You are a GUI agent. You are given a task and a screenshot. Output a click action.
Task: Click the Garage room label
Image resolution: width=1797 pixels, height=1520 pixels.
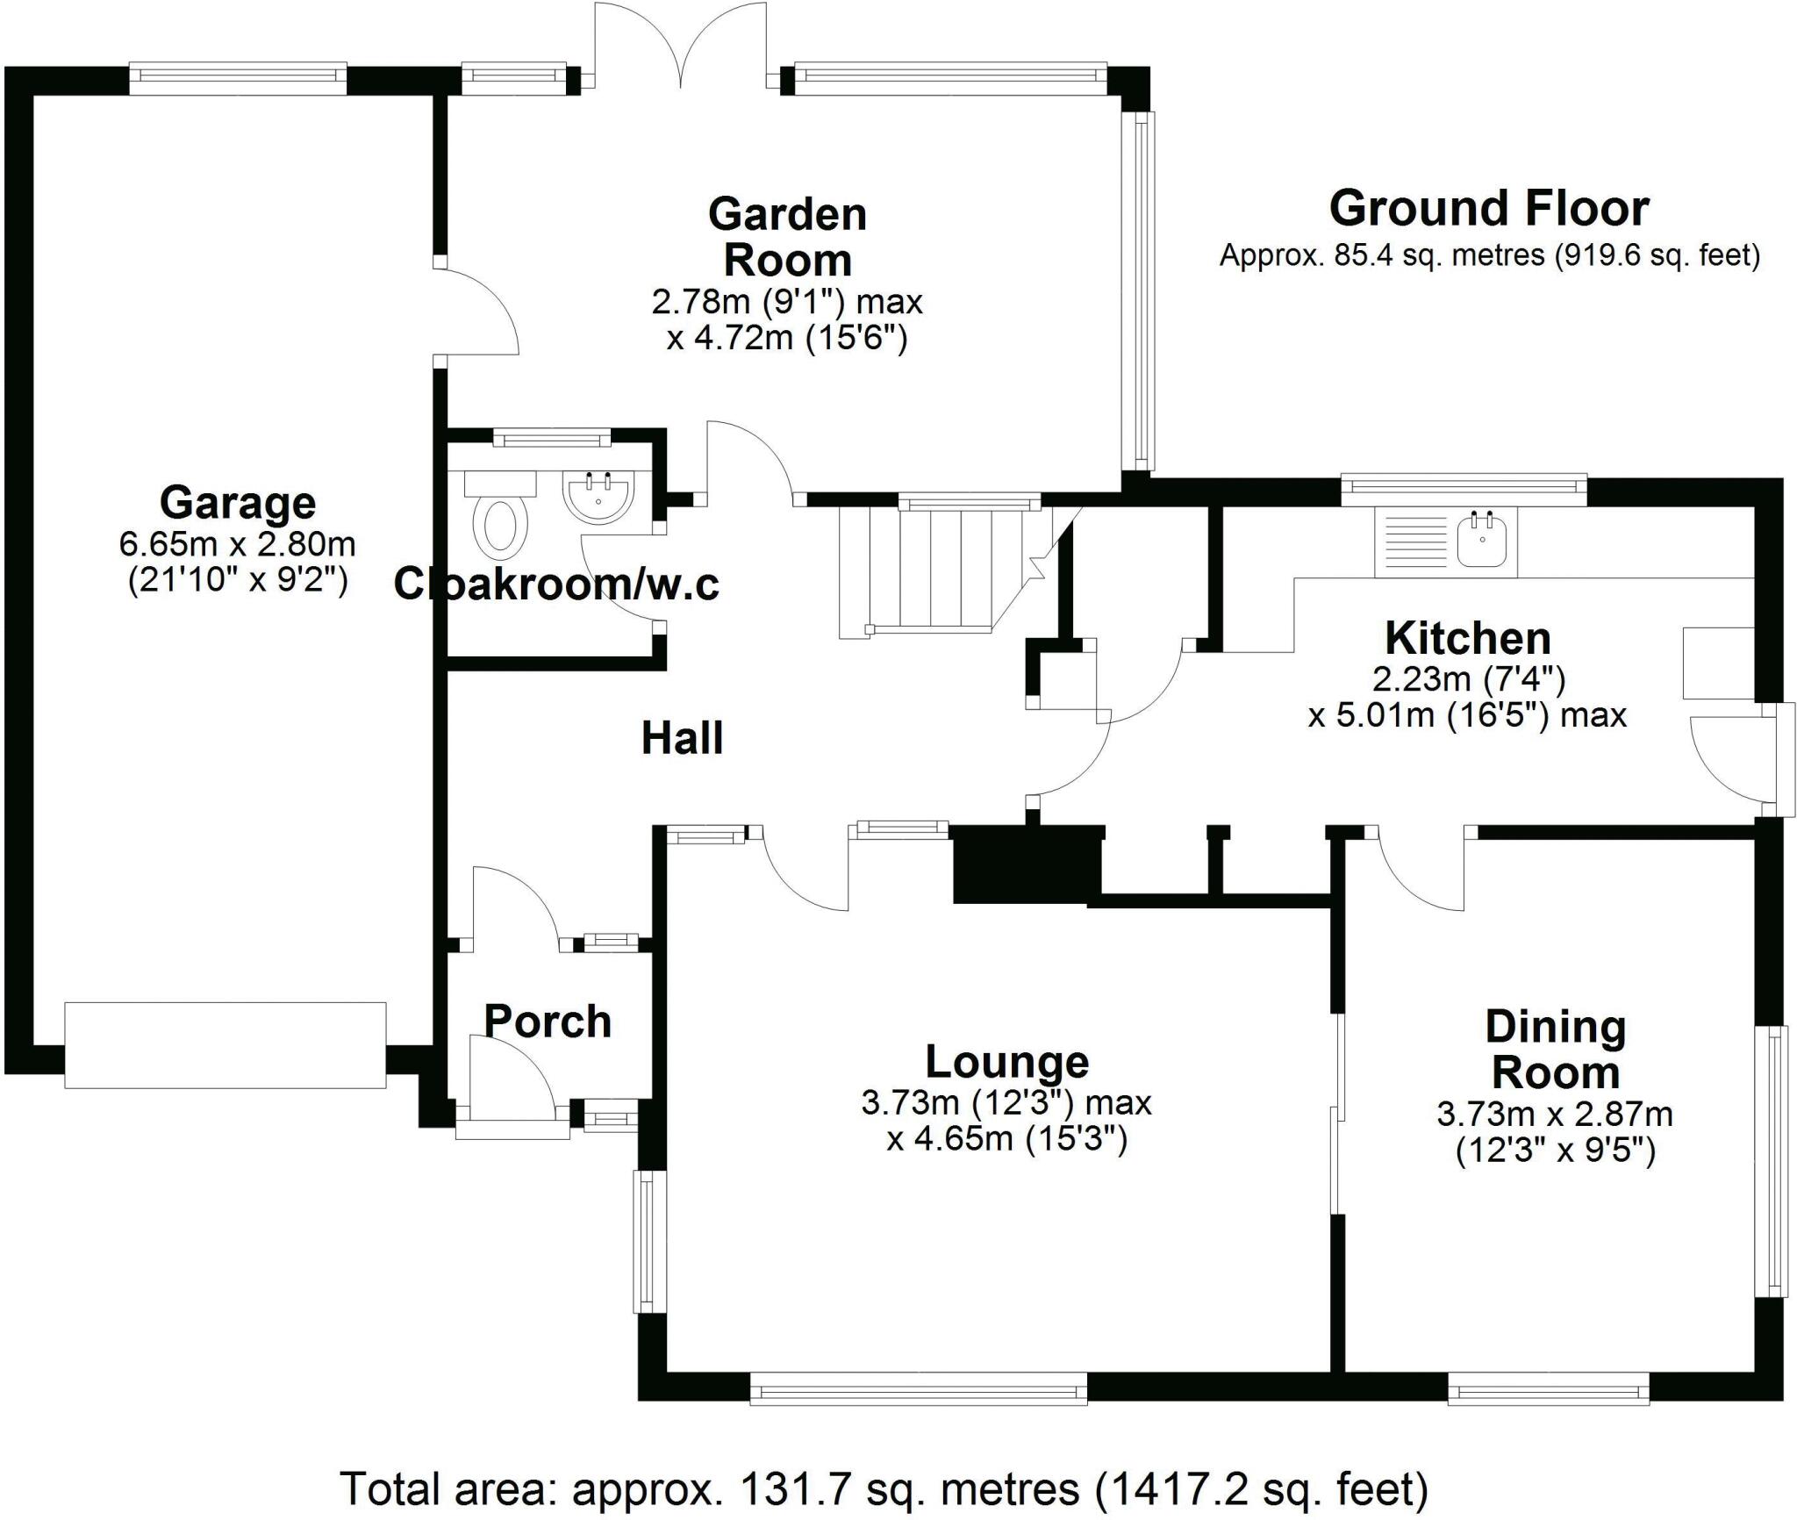(x=237, y=503)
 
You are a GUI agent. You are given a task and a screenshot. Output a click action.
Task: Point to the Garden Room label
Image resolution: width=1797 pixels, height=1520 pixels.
(x=787, y=237)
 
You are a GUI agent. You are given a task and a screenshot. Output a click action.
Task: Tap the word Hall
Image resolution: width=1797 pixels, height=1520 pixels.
(x=682, y=738)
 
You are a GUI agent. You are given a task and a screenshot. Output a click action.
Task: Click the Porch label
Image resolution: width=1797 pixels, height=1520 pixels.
(x=548, y=1022)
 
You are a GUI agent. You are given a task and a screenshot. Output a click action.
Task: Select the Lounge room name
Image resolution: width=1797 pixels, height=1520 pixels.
(x=1006, y=1062)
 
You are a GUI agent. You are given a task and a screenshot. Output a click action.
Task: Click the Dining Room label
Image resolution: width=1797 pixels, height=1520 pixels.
(x=1555, y=1050)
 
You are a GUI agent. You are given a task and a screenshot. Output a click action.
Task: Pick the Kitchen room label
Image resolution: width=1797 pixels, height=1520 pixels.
(x=1467, y=638)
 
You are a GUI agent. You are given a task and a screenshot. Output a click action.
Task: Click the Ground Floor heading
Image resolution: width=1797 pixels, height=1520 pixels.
(x=1489, y=209)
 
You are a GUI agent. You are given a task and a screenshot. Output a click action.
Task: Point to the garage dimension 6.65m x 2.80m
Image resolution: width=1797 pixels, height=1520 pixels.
(x=237, y=544)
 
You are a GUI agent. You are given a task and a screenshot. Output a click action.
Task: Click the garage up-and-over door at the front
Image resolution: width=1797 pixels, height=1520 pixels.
(x=225, y=1044)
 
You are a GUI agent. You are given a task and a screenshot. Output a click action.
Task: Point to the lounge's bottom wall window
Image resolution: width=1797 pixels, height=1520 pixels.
(x=919, y=1389)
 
